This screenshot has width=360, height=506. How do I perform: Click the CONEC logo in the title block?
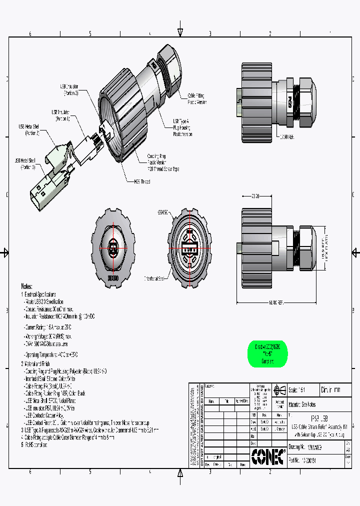268,456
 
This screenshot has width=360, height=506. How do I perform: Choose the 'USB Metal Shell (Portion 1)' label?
25,163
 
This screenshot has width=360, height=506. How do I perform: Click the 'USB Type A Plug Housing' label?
182,127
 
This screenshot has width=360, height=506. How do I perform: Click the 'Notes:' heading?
26,286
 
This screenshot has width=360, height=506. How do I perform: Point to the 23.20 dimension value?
256,196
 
